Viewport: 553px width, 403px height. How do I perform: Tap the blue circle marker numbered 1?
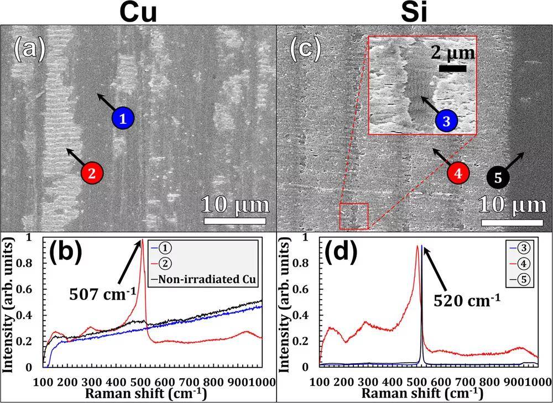[123, 118]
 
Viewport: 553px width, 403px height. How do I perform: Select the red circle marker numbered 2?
[92, 172]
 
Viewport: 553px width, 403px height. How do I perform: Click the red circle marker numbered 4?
[458, 172]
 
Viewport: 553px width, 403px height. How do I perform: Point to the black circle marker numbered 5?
[498, 177]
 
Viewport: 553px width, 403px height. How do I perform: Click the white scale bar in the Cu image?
[236, 221]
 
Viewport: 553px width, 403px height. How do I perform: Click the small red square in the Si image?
[354, 216]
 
